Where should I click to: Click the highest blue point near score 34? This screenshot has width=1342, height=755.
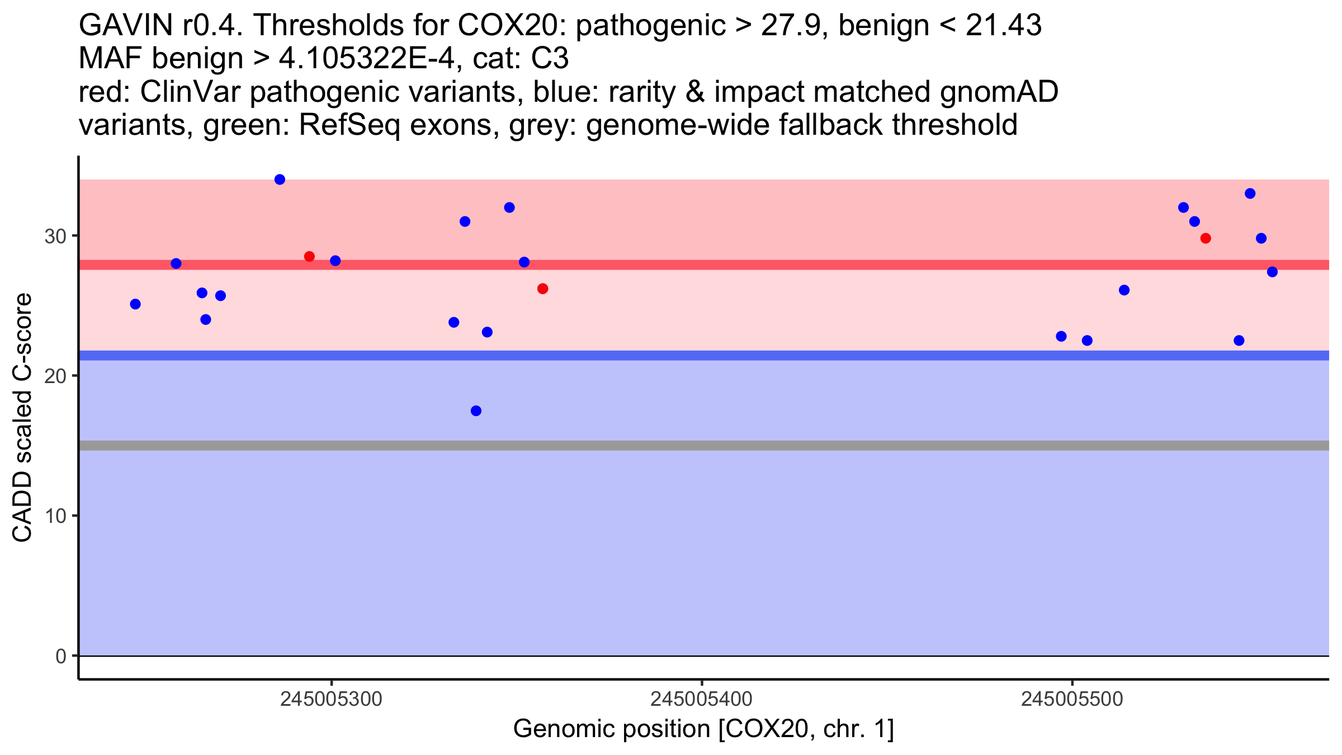coord(280,180)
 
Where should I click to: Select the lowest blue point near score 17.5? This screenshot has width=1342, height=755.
coord(476,411)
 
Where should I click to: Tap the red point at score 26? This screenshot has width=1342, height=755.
coord(542,289)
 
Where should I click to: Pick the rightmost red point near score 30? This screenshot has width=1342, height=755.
coord(1206,238)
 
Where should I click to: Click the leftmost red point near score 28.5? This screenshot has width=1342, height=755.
coord(309,257)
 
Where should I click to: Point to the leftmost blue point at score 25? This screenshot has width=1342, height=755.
coord(135,304)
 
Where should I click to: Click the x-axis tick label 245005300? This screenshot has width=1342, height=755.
coord(332,699)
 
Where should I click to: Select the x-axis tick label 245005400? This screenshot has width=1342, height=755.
coord(702,699)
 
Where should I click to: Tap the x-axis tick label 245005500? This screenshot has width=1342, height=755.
coord(1072,699)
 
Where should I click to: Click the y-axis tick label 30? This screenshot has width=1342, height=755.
coord(55,236)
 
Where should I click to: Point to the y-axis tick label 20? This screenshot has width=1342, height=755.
coord(55,376)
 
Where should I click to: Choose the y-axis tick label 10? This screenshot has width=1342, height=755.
coord(55,516)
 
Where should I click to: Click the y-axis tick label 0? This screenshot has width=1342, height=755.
coord(61,656)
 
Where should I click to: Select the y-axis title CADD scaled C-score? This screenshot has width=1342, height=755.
coord(22,418)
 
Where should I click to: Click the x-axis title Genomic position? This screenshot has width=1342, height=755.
coord(703,729)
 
